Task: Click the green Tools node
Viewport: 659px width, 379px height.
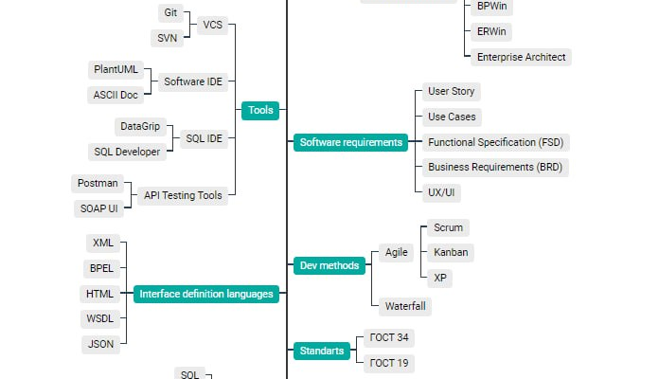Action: (260, 111)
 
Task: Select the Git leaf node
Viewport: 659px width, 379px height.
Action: (170, 12)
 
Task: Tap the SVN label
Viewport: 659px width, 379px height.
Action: (168, 38)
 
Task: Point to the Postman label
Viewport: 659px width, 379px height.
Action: (98, 183)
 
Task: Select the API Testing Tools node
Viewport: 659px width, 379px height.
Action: (184, 196)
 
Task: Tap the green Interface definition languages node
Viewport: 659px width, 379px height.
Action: (206, 294)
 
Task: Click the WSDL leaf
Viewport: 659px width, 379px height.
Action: (99, 319)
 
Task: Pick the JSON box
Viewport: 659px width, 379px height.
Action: (101, 345)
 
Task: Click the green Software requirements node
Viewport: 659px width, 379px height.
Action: (350, 143)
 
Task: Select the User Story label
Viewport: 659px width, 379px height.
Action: (452, 92)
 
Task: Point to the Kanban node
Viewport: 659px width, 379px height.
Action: (450, 252)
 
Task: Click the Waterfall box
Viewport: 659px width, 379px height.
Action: (405, 306)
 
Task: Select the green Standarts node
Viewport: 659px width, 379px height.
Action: (321, 351)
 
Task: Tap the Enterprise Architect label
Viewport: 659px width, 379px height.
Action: (521, 57)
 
